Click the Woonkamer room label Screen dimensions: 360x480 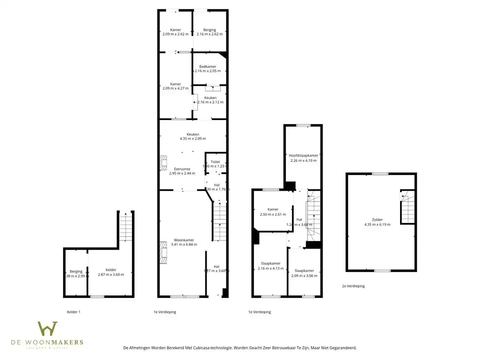click(x=184, y=240)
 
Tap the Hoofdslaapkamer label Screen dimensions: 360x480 click(x=303, y=155)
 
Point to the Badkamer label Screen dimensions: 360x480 click(x=207, y=66)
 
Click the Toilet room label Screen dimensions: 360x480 click(x=215, y=162)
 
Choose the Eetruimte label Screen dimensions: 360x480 click(x=181, y=169)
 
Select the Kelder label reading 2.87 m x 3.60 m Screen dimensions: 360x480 click(x=110, y=270)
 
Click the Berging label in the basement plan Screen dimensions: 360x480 click(x=76, y=271)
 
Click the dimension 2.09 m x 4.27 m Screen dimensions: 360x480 click(x=175, y=88)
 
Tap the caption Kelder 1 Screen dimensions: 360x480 click(x=73, y=312)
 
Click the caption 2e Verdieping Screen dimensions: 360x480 click(x=353, y=286)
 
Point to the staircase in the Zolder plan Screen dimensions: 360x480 click(x=407, y=206)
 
